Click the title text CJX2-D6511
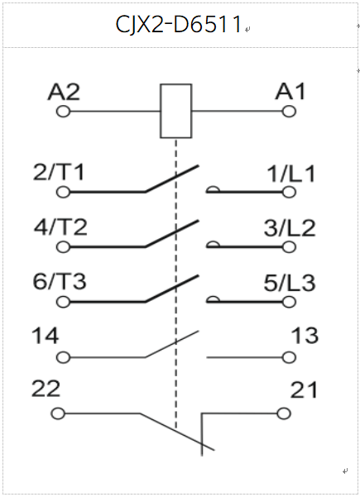pos(179,24)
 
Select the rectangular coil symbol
pos(176,111)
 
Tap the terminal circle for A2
pos(63,112)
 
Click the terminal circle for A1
pos(289,112)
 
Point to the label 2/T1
pos(59,173)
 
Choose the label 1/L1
pos(291,174)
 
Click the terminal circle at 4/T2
pos(63,246)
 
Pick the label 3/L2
pos(290,228)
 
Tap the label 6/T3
pos(60,281)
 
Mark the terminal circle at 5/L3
pos(289,302)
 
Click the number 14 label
pos(46,336)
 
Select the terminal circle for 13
pos(289,357)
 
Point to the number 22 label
pos(46,389)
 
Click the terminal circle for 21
pos(284,413)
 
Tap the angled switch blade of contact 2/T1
pos(172,179)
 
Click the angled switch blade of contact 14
pos(172,344)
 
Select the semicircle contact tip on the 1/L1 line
pos(213,189)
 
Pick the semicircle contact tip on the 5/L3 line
pos(213,299)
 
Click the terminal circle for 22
pos(58,413)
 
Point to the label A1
pos(290,92)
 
